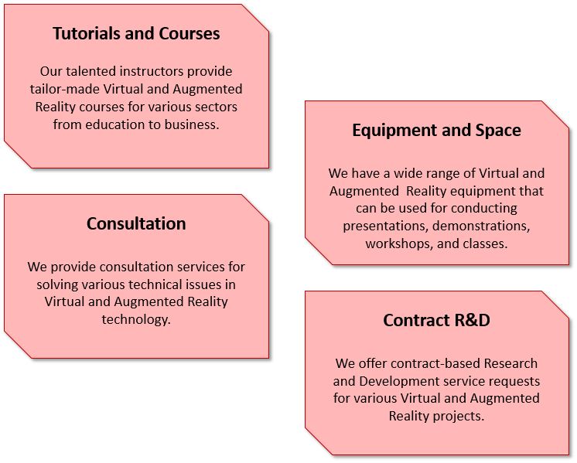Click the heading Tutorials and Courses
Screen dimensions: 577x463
point(136,34)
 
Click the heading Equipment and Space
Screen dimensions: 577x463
point(436,131)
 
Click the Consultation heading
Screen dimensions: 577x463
point(136,224)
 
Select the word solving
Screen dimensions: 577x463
point(56,284)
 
